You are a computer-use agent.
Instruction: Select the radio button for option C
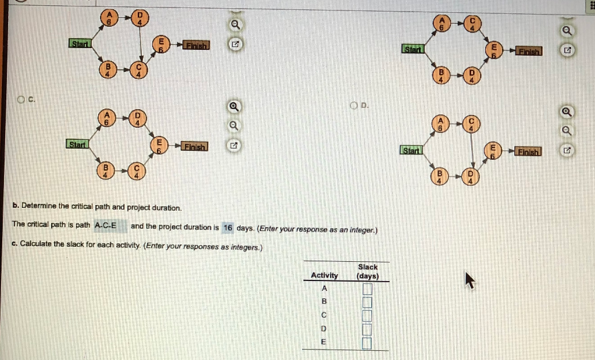[x=21, y=99]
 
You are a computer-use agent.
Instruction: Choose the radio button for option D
[x=354, y=106]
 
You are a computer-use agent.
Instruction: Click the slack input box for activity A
[x=367, y=289]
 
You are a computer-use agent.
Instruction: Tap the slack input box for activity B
[x=367, y=302]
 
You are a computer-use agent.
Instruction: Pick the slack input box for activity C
[x=367, y=315]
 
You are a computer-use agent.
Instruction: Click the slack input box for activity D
[x=367, y=329]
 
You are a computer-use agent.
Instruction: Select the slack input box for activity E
[x=367, y=343]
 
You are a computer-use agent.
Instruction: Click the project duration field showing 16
[x=228, y=228]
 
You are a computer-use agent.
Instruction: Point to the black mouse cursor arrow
[x=469, y=281]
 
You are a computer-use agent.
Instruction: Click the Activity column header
[x=324, y=275]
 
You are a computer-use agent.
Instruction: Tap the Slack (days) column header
[x=368, y=271]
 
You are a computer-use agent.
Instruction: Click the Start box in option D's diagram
[x=411, y=151]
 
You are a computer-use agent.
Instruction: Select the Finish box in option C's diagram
[x=196, y=146]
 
